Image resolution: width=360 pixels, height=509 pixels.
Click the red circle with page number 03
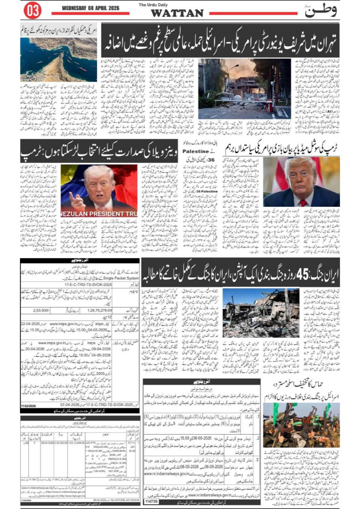[32, 11]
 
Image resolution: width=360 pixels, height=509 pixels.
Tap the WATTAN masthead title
[177, 13]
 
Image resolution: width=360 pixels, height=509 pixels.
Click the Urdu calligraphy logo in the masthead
[321, 10]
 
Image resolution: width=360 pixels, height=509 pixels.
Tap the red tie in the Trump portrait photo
[303, 202]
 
